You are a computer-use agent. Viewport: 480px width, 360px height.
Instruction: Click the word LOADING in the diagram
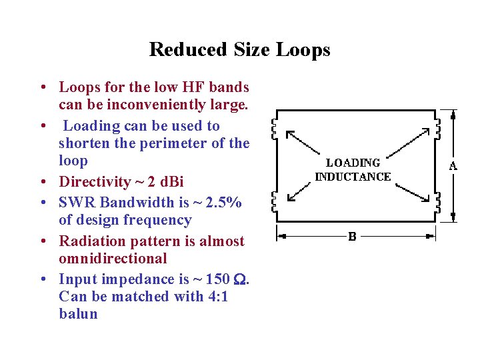[353, 163]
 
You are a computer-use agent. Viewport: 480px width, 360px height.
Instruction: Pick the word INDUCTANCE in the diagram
[353, 177]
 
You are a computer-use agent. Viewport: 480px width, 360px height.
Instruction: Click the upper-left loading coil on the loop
[275, 126]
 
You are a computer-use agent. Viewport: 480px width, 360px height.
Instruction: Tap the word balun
[78, 314]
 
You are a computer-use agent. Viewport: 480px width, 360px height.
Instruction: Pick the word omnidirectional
[113, 259]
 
